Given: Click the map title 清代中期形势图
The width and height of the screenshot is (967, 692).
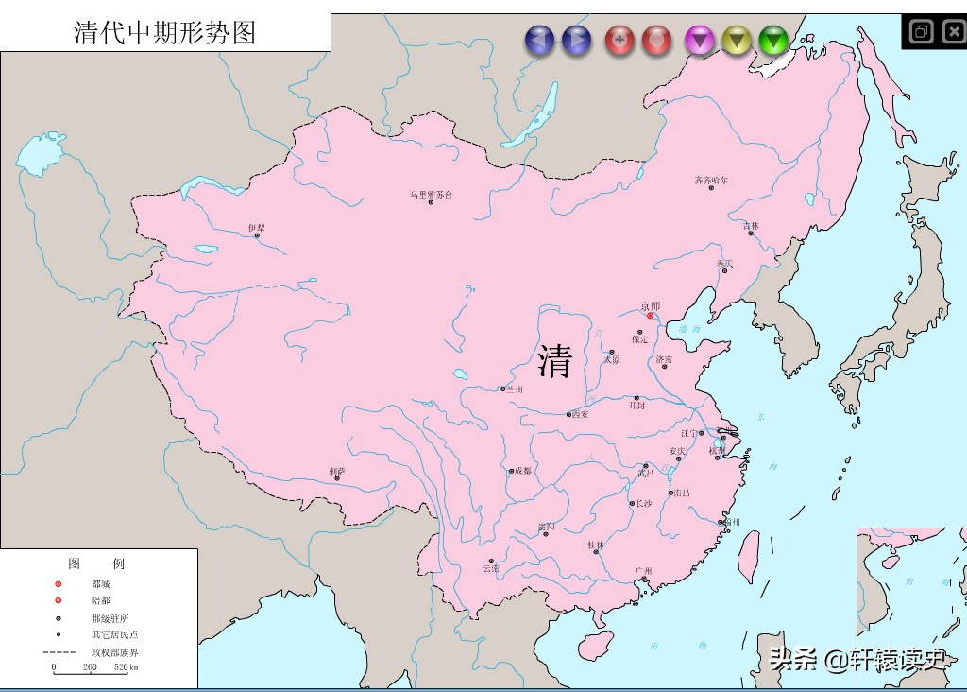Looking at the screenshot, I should click(165, 32).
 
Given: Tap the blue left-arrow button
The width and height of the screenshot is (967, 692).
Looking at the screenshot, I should click(539, 40).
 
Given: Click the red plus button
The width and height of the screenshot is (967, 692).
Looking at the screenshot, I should click(619, 40).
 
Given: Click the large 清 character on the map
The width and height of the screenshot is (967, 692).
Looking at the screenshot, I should click(554, 360).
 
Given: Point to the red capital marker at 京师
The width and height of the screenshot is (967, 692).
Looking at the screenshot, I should click(650, 316).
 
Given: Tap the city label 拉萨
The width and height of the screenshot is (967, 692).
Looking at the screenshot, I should click(337, 470).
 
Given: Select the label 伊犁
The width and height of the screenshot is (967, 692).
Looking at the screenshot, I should click(256, 228).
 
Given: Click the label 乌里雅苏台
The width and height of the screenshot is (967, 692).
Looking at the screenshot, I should click(431, 195).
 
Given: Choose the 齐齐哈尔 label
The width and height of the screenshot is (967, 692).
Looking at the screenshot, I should click(711, 180).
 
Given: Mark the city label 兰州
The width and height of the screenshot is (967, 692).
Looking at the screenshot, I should click(514, 389).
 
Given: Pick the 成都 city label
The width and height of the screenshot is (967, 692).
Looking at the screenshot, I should click(521, 470).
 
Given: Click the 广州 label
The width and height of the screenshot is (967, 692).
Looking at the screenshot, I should click(644, 571).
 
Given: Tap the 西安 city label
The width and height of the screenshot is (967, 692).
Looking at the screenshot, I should click(580, 414).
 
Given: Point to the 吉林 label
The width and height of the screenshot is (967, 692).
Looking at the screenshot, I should click(751, 226).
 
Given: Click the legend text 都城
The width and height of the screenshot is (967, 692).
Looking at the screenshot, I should click(101, 584).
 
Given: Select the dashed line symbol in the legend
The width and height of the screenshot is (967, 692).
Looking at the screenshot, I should click(59, 652).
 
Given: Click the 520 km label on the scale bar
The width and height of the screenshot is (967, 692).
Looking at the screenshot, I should click(127, 667).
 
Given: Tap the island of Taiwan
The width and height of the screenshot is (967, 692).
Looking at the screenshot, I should click(748, 555).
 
